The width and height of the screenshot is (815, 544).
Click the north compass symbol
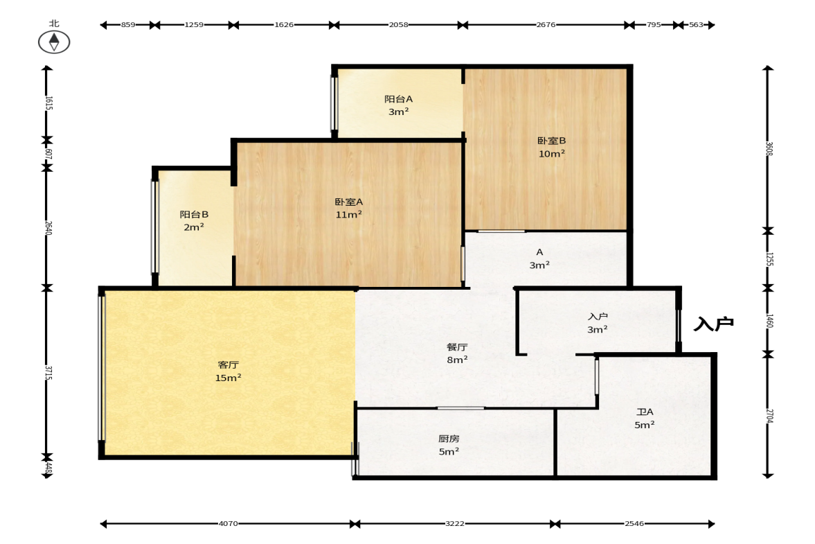tap(54, 42)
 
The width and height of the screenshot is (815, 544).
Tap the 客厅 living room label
tap(229, 365)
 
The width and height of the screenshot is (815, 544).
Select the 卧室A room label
tap(349, 202)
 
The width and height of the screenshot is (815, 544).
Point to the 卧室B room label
tap(551, 141)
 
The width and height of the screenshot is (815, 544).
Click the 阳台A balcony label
tap(399, 99)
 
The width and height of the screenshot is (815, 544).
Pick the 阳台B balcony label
tap(194, 214)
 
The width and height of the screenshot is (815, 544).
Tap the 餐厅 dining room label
tap(457, 347)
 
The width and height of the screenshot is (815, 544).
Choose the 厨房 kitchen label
tap(449, 439)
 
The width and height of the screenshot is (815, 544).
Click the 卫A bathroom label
tap(645, 412)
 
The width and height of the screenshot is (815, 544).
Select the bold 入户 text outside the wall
tap(714, 324)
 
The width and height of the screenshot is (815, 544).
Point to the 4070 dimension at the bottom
tap(229, 524)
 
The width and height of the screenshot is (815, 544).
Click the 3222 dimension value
tap(455, 524)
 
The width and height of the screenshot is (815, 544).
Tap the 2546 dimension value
tap(634, 524)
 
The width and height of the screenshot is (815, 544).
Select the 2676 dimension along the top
tap(546, 24)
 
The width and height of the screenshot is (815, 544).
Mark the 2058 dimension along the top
tap(399, 24)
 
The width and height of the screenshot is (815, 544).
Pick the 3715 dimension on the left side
tap(48, 373)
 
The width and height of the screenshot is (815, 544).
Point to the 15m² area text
tap(229, 378)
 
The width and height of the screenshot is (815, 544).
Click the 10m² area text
tap(551, 154)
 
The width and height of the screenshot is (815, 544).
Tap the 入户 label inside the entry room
tap(598, 316)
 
